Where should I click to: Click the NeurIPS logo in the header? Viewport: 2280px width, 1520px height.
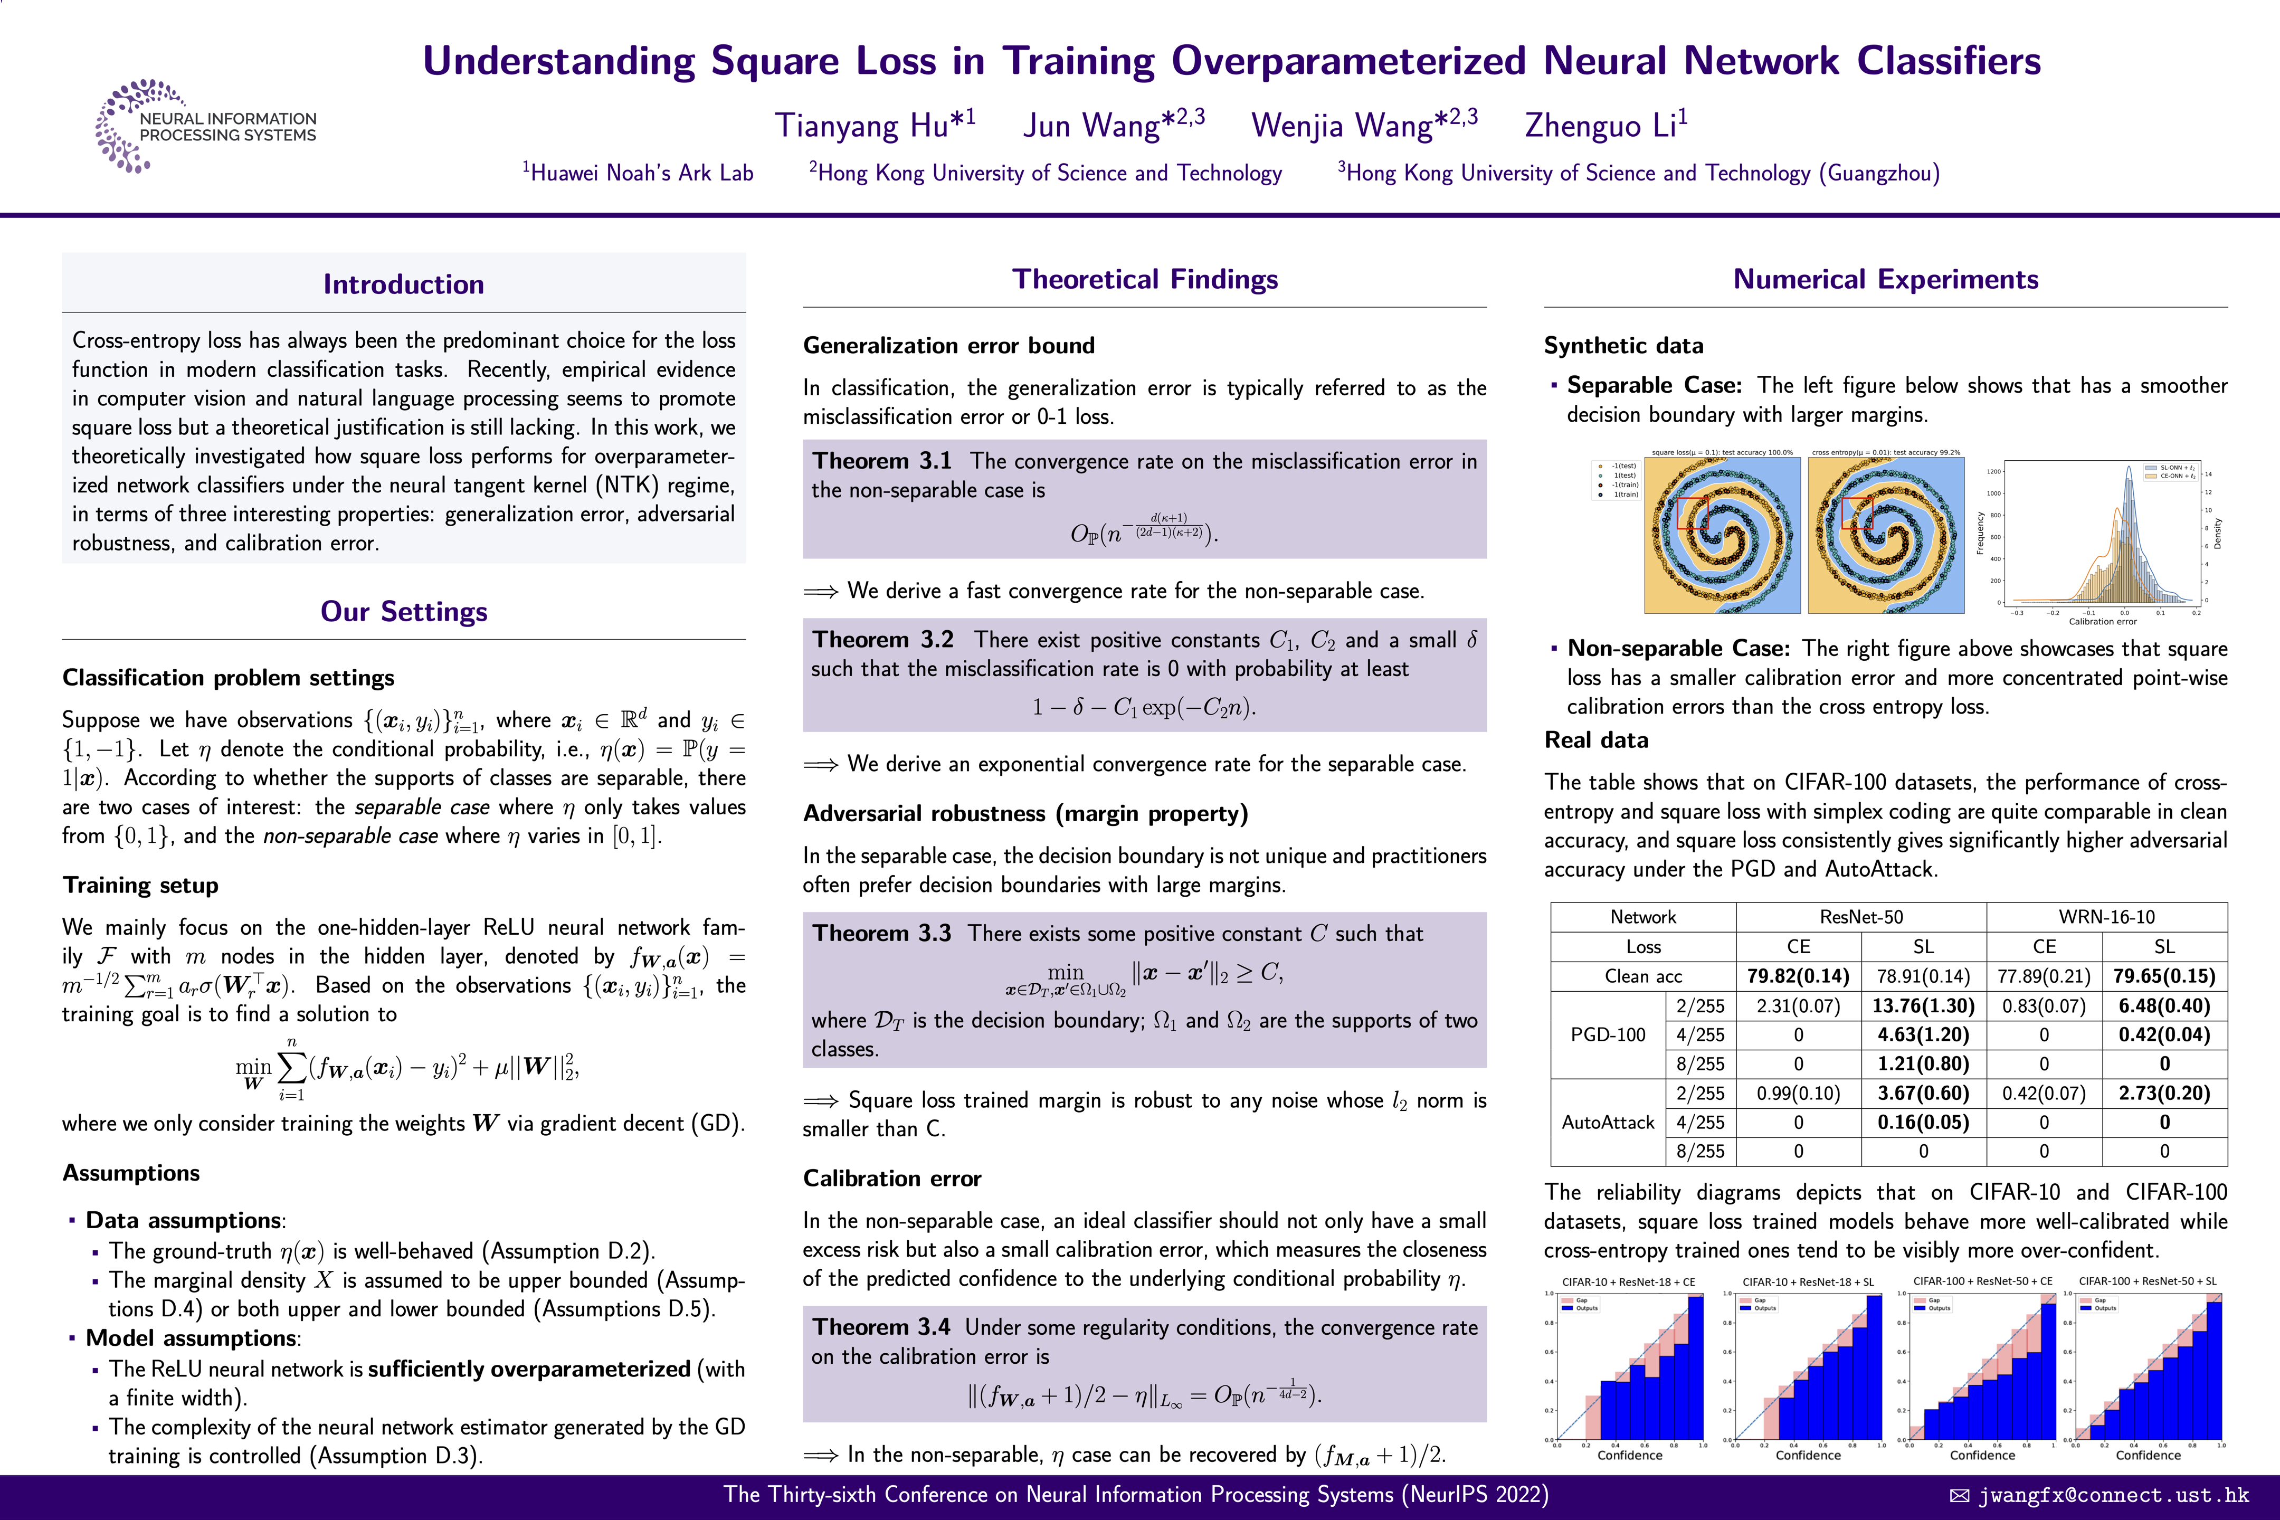coord(205,126)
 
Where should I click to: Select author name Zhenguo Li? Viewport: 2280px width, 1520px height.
coord(1605,125)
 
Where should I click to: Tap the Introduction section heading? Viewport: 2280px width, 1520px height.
coord(403,284)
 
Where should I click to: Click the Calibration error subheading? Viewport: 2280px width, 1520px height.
coord(892,1178)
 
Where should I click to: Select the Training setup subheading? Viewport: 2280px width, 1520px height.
coord(140,885)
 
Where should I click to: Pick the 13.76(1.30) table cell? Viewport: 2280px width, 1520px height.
coord(1923,1005)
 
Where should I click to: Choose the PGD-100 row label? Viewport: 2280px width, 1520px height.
coord(1608,1034)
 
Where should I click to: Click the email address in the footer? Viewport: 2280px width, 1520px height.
coord(2113,1495)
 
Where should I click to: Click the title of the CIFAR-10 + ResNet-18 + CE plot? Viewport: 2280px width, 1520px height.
coord(1629,1281)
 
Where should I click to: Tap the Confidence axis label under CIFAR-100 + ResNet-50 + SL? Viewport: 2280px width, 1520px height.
coord(2148,1455)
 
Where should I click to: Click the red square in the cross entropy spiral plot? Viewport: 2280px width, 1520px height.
coord(1856,512)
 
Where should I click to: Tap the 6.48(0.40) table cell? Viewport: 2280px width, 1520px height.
coord(2164,1005)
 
